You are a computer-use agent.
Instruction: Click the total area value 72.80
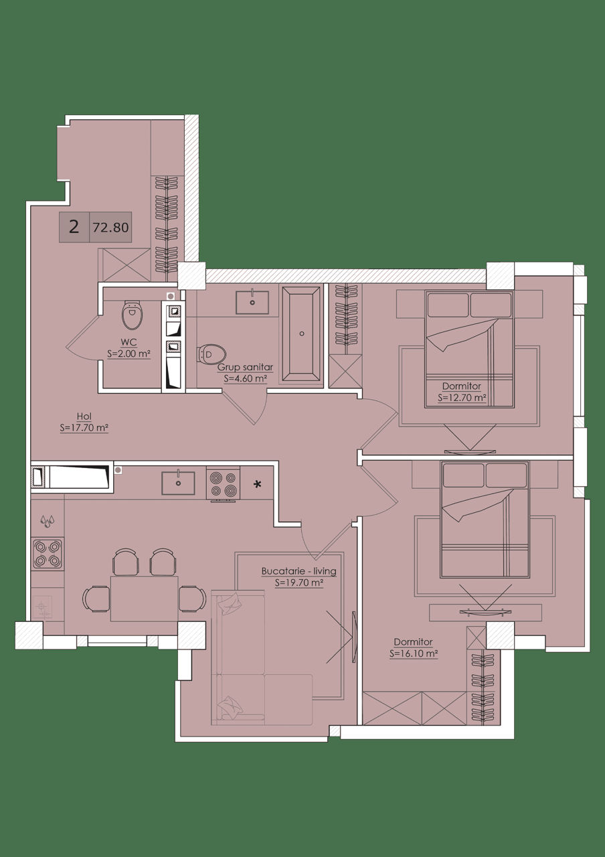tap(110, 228)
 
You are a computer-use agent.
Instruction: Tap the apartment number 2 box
tap(74, 227)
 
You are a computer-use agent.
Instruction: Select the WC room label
tap(128, 342)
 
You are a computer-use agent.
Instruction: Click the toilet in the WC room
tap(133, 315)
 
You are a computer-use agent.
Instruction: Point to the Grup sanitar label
tap(245, 368)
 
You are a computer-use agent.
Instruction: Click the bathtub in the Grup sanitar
tap(301, 334)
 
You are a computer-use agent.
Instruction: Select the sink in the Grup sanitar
tap(252, 302)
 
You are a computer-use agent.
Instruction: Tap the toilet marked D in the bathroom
tap(211, 354)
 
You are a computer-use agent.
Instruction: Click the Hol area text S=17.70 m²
tap(84, 428)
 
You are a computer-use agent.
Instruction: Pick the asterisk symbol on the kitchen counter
tap(258, 485)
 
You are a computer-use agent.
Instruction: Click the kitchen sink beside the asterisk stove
tap(178, 483)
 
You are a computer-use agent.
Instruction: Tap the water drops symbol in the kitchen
tap(48, 521)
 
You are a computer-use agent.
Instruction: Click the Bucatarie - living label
tap(299, 571)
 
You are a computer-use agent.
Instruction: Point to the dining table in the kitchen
tap(144, 599)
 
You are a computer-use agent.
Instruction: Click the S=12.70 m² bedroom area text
tap(462, 398)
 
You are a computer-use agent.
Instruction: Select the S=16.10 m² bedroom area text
tap(414, 653)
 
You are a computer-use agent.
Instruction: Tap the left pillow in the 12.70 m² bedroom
tap(448, 305)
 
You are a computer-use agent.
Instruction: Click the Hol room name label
tap(84, 416)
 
